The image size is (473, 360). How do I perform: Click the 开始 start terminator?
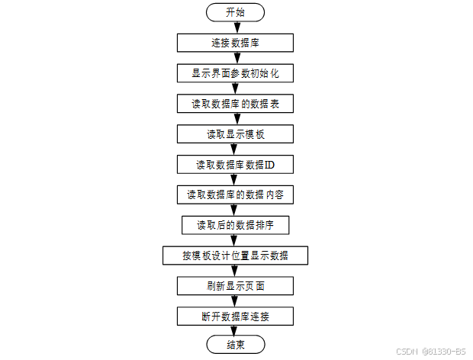click(x=235, y=12)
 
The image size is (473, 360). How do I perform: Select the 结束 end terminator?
click(x=235, y=346)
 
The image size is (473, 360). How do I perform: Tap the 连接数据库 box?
click(x=235, y=43)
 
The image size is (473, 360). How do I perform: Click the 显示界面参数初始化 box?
click(x=235, y=73)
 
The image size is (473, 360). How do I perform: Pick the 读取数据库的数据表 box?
click(x=235, y=103)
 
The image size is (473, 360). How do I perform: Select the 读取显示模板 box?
click(x=235, y=133)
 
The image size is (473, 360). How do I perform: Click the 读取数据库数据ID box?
click(x=235, y=164)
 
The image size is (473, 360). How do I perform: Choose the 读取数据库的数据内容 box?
click(x=235, y=194)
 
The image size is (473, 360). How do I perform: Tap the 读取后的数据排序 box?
click(x=235, y=225)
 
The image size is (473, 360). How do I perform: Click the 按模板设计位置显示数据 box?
click(x=235, y=255)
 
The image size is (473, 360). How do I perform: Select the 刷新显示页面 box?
click(x=235, y=285)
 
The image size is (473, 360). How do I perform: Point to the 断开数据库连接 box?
click(x=235, y=316)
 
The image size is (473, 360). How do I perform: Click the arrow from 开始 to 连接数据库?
click(x=235, y=27)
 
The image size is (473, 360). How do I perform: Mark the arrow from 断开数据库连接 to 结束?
click(x=235, y=331)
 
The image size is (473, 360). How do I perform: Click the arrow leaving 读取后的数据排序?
click(x=235, y=239)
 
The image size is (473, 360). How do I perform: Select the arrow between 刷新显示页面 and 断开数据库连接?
click(x=235, y=301)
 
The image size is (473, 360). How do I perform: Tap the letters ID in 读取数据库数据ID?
click(x=269, y=164)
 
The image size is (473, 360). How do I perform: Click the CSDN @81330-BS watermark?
click(x=430, y=351)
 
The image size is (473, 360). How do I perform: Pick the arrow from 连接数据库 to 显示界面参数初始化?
click(x=235, y=58)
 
